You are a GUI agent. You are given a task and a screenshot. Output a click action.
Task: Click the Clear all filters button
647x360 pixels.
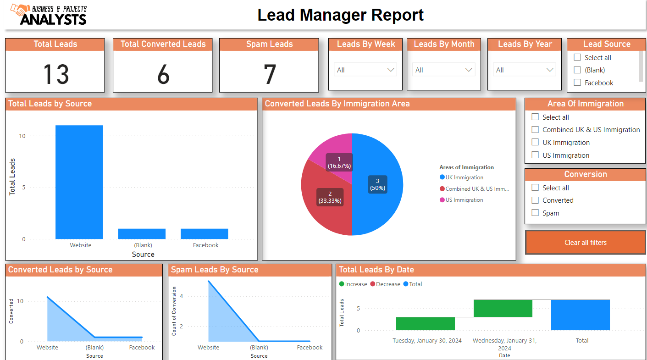tap(585, 243)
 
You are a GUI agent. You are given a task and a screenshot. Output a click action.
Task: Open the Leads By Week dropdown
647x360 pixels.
tap(365, 70)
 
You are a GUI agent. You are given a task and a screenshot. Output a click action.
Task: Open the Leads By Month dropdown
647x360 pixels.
tap(443, 70)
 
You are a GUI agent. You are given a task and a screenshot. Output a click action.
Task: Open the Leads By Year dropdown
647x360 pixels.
tap(524, 70)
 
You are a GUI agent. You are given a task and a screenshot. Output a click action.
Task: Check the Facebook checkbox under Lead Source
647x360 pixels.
tap(577, 83)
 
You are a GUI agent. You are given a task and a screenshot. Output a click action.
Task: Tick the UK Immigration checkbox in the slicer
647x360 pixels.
tap(535, 143)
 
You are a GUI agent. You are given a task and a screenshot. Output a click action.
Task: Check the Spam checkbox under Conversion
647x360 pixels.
tap(535, 213)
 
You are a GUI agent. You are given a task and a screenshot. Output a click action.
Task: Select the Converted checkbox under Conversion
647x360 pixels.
tap(535, 200)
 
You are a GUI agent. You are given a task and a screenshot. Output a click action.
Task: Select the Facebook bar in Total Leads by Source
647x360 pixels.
tap(204, 234)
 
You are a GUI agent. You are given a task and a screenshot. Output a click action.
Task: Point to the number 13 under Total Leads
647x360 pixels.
tap(55, 74)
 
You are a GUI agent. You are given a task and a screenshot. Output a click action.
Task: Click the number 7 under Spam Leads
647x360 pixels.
tap(269, 74)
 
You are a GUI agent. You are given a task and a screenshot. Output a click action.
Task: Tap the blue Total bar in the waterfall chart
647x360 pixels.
tap(580, 315)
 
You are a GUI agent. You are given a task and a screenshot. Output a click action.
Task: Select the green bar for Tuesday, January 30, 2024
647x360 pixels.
tap(425, 324)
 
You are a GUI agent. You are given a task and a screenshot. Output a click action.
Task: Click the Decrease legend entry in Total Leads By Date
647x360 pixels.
tap(385, 284)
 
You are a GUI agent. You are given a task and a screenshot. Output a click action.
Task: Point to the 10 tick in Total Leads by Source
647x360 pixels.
tap(22, 136)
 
